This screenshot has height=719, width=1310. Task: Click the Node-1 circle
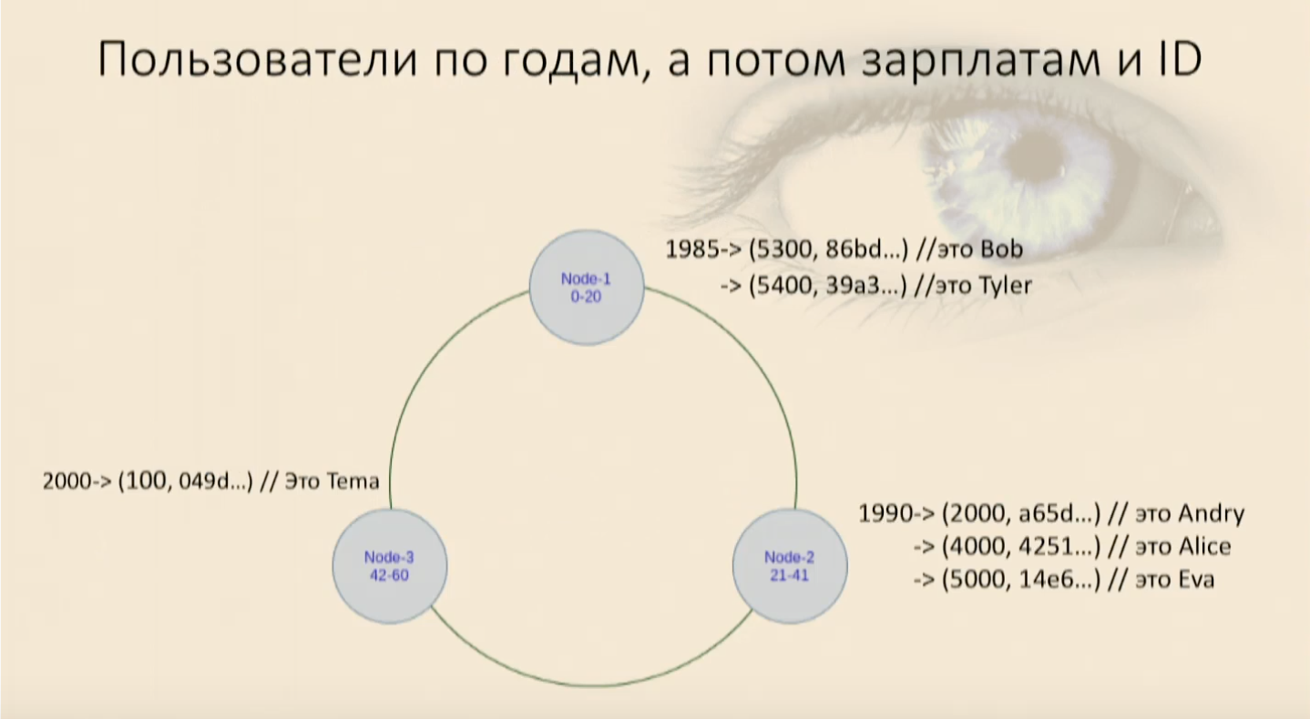click(587, 288)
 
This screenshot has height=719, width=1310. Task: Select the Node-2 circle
click(790, 565)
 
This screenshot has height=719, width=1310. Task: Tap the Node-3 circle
click(390, 565)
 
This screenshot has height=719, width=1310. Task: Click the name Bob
click(1001, 249)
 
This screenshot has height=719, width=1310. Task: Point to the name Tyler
click(1005, 286)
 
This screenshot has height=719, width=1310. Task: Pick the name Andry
click(1211, 514)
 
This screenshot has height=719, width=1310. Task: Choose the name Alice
click(1204, 547)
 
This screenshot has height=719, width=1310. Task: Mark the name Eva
click(1196, 580)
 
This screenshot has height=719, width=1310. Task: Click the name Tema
click(352, 481)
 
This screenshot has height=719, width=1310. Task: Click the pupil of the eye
click(1037, 155)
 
